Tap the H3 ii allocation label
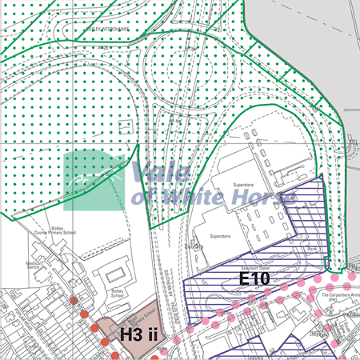click(x=142, y=334)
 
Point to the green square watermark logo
click(x=94, y=181)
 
